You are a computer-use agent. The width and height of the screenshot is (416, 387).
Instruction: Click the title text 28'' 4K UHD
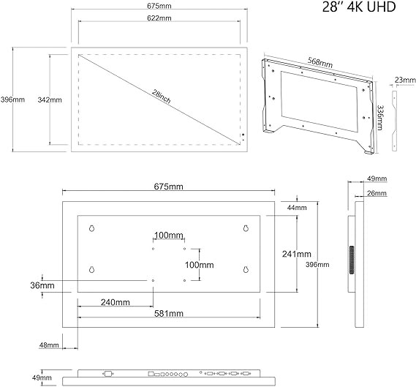click(x=359, y=7)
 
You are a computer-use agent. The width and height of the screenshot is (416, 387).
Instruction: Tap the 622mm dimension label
click(x=159, y=18)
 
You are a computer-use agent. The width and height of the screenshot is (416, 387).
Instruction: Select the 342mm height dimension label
click(x=50, y=99)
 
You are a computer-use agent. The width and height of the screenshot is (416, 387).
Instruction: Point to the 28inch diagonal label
click(x=162, y=96)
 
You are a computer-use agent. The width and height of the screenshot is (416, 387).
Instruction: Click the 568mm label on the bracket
click(x=320, y=62)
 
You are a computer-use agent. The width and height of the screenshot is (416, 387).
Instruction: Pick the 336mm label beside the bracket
click(x=380, y=118)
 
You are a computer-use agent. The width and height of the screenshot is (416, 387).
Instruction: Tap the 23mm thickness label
click(x=405, y=80)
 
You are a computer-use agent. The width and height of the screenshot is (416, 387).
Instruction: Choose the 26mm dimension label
click(x=377, y=193)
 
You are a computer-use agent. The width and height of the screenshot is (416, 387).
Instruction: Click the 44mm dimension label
click(x=297, y=208)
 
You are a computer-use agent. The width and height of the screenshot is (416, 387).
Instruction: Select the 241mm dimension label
click(x=297, y=254)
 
